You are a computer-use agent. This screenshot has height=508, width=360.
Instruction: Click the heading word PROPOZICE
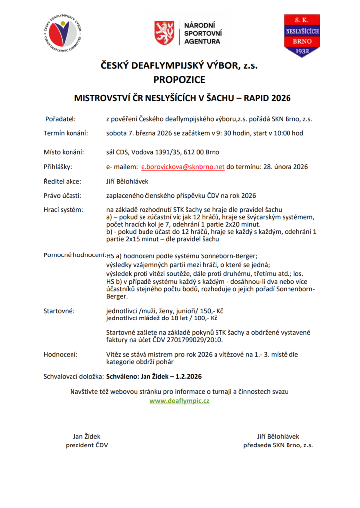[179, 79]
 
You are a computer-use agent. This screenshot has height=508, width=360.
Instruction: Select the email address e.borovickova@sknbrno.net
[183, 167]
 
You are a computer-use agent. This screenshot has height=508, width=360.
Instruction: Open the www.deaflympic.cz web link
[179, 401]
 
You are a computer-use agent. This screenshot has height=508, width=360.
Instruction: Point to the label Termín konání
[66, 133]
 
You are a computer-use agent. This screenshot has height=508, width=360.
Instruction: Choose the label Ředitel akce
[62, 181]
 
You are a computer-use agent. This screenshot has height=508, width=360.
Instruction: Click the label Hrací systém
[64, 210]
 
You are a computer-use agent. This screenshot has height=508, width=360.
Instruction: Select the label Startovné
[59, 311]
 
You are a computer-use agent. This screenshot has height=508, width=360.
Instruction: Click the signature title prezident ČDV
[87, 445]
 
